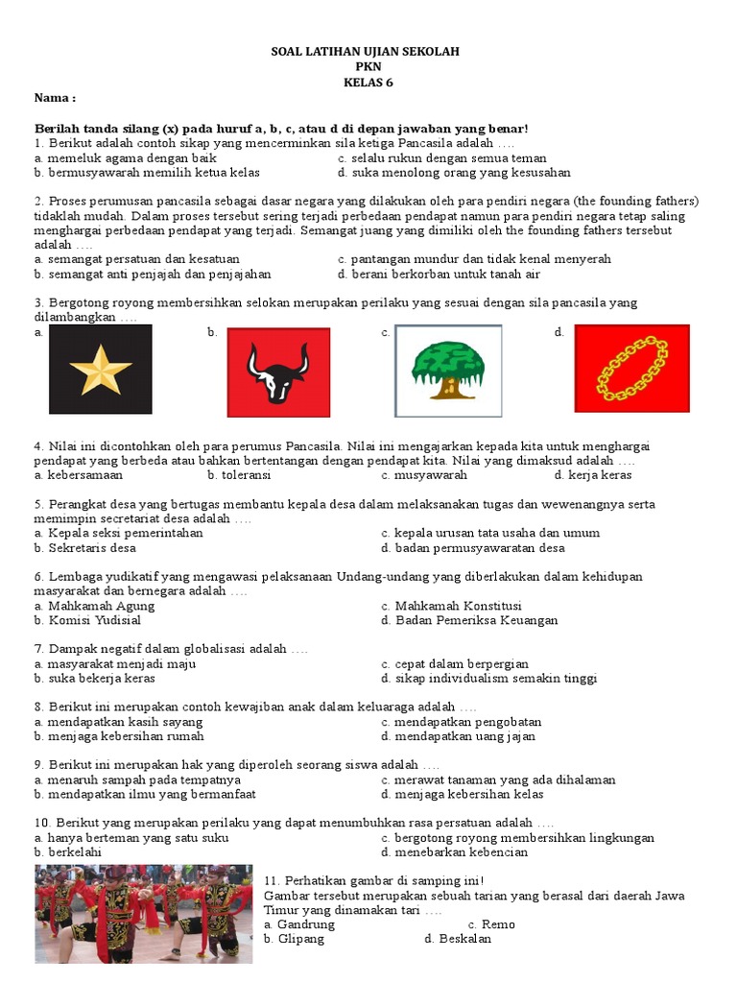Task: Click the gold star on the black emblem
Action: (x=101, y=371)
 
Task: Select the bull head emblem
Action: (x=277, y=372)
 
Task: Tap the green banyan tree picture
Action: (x=448, y=370)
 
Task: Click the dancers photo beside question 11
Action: (x=145, y=912)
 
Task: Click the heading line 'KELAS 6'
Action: (x=368, y=82)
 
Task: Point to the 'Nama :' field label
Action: (x=55, y=98)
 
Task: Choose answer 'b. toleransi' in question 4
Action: (x=239, y=475)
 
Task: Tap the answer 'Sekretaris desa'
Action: (x=85, y=548)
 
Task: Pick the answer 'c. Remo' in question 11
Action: (x=491, y=924)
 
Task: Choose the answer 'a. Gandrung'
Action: (x=299, y=924)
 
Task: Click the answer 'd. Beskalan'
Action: (x=458, y=939)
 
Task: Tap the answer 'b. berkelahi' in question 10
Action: (x=68, y=851)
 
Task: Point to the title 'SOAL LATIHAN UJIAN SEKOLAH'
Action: (x=368, y=51)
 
